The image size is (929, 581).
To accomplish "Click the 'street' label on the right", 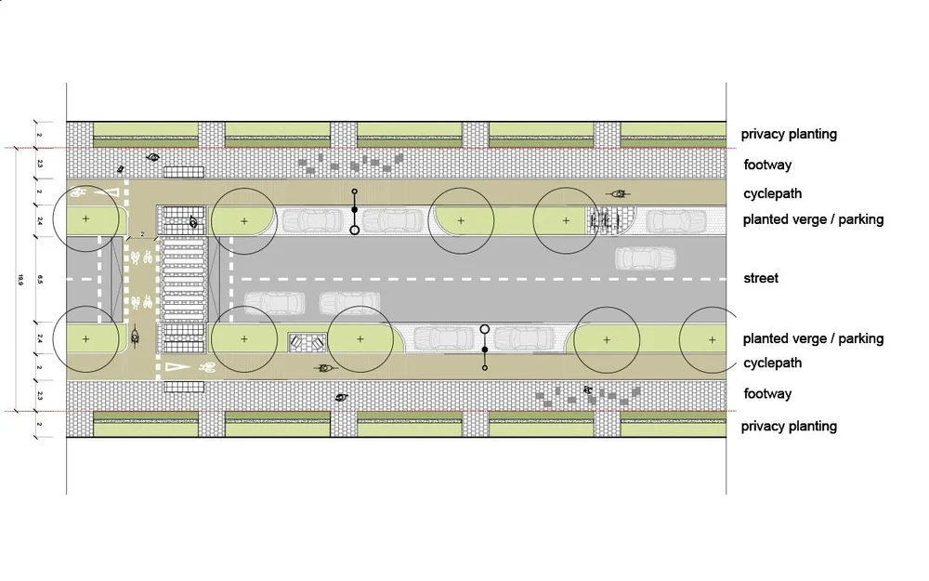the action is pyautogui.click(x=761, y=278).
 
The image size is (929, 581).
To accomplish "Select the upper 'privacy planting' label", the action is pyautogui.click(x=789, y=134).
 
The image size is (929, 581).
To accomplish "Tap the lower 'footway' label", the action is pyautogui.click(x=767, y=394).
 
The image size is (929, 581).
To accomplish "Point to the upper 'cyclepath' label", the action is pyautogui.click(x=772, y=194).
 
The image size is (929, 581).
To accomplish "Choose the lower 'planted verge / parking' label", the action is pyautogui.click(x=813, y=339).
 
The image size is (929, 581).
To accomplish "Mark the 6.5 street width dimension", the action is pyautogui.click(x=39, y=278).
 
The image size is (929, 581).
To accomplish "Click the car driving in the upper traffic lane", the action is pyautogui.click(x=645, y=257).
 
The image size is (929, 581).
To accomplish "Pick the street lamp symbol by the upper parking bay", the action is pyautogui.click(x=354, y=213).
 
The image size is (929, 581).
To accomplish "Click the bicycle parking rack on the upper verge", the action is pyautogui.click(x=604, y=221).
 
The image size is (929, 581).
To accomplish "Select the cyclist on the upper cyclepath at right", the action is pyautogui.click(x=617, y=194).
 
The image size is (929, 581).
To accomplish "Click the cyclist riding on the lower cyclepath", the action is pyautogui.click(x=324, y=369).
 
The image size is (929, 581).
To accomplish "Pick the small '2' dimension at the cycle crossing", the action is pyautogui.click(x=142, y=235).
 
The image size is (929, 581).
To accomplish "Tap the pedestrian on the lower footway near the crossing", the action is pyautogui.click(x=342, y=397).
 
